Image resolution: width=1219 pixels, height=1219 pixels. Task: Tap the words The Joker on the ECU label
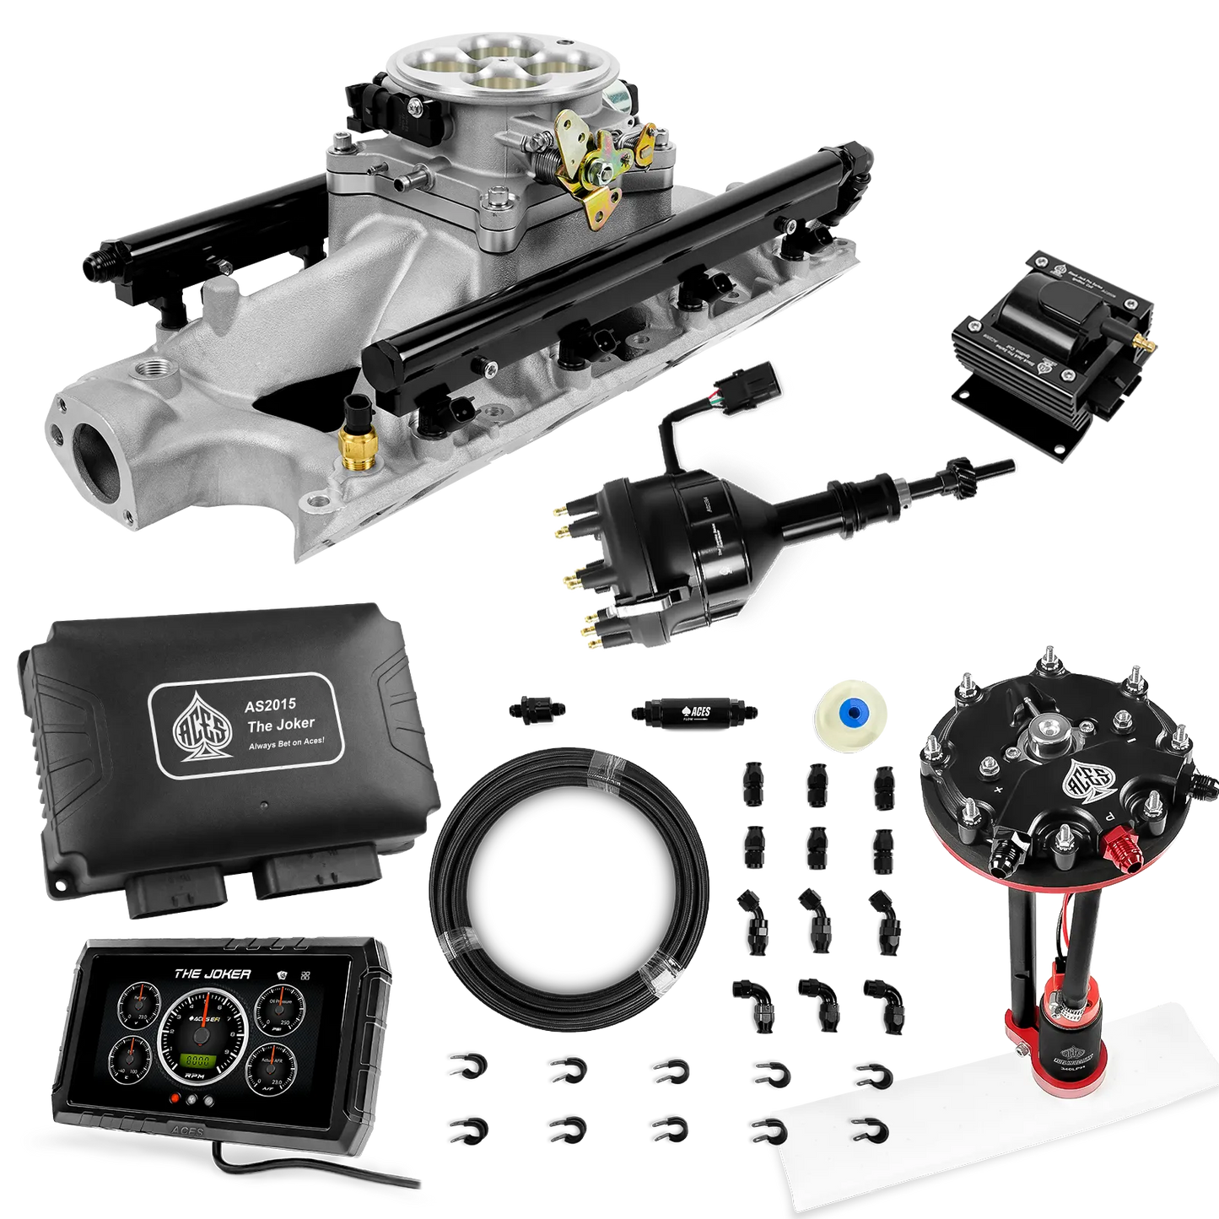click(x=280, y=723)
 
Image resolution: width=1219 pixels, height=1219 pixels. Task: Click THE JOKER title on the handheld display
click(x=212, y=974)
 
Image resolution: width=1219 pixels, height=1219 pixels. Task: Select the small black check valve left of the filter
click(x=537, y=709)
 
